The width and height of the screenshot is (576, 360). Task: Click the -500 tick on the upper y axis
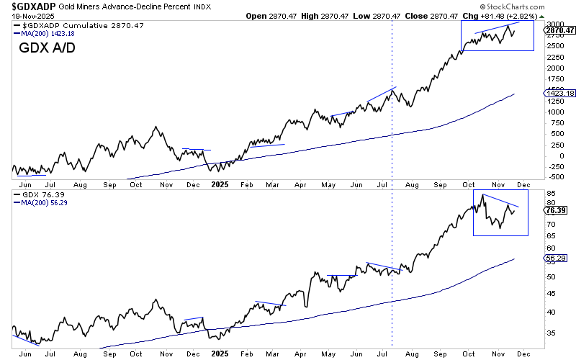(x=556, y=176)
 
